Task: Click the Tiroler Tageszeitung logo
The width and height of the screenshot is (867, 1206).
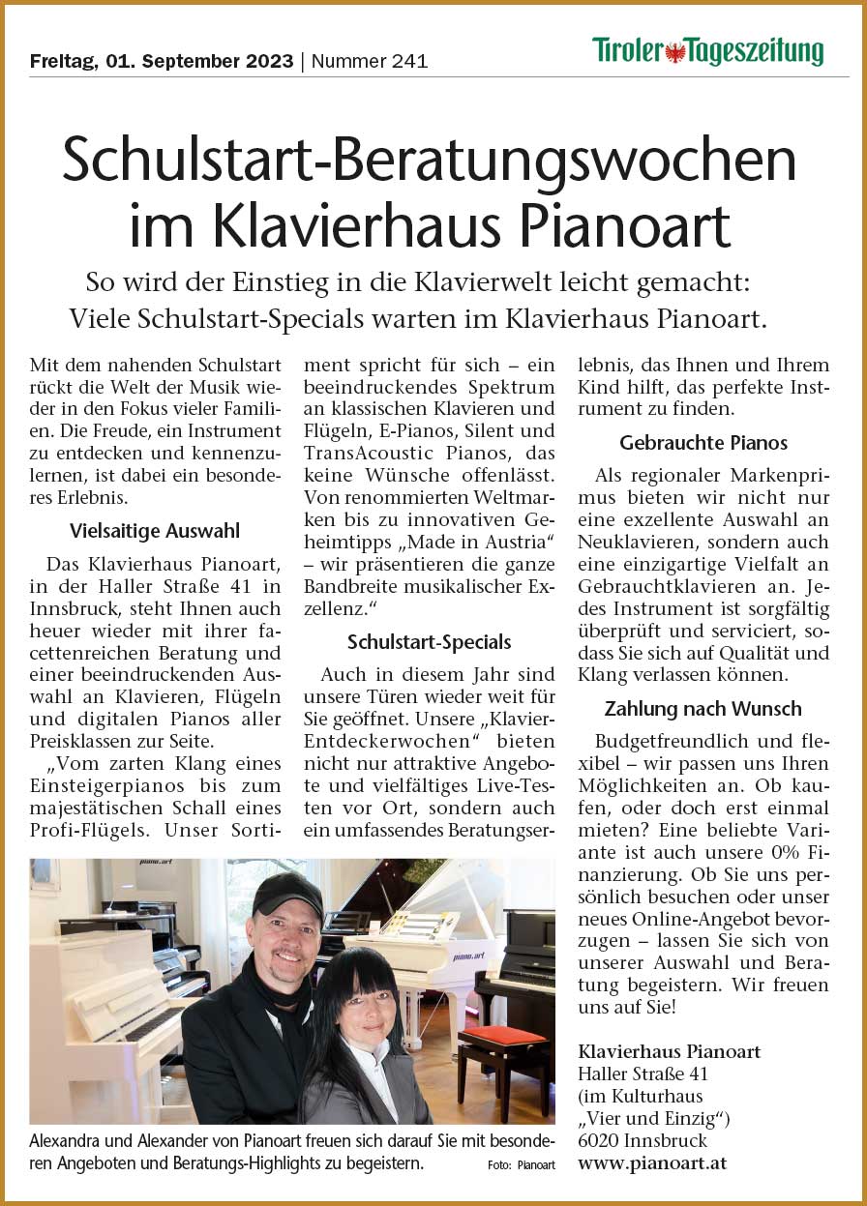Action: point(707,51)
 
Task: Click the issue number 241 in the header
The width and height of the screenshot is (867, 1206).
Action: point(407,62)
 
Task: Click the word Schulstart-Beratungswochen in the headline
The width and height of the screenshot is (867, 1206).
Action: point(430,161)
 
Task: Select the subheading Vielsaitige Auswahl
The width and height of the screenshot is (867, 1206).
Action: point(155,530)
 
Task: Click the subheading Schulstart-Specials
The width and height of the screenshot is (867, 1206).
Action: point(430,642)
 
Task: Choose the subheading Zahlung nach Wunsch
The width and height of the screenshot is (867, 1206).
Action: point(703,709)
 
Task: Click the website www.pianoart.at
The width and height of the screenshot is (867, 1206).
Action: point(651,1163)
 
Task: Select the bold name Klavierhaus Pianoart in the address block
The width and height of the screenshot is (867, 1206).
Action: point(669,1051)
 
